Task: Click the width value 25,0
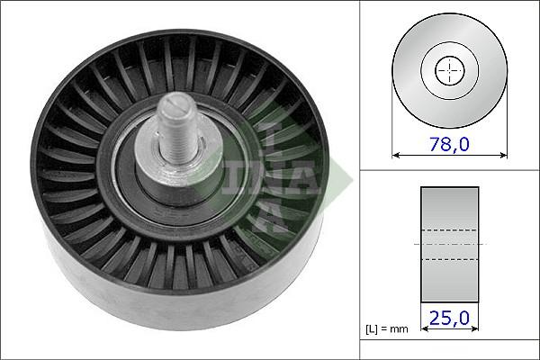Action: click(449, 317)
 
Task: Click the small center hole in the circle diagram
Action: click(448, 70)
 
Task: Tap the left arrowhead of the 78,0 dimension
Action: click(396, 154)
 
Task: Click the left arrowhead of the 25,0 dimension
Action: click(424, 329)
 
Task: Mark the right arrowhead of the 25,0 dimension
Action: click(475, 329)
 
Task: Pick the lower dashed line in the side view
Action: click(449, 259)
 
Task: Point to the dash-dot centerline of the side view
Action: click(449, 244)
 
